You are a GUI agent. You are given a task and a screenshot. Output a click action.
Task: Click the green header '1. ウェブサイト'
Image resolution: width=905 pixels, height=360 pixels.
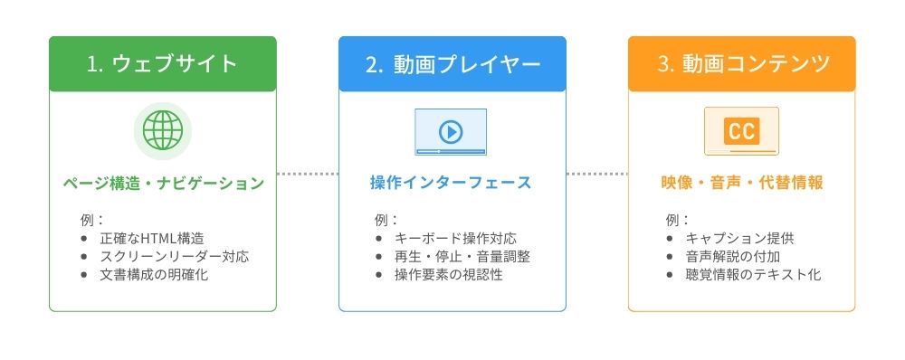pyautogui.click(x=163, y=63)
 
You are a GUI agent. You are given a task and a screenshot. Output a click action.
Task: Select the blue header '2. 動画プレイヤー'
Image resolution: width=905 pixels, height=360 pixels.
pyautogui.click(x=452, y=63)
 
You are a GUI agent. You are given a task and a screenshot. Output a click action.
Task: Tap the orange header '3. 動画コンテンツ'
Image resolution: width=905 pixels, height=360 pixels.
pyautogui.click(x=741, y=63)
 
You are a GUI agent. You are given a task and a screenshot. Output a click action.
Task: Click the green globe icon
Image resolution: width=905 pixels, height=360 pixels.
pyautogui.click(x=163, y=131)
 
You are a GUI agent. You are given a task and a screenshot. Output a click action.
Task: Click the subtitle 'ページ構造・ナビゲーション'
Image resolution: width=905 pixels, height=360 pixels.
pyautogui.click(x=163, y=184)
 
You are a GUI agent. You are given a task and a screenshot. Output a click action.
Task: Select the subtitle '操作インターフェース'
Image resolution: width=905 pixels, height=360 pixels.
pyautogui.click(x=451, y=184)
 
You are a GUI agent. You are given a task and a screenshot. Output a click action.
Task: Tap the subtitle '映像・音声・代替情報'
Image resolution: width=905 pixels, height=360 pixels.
pyautogui.click(x=741, y=184)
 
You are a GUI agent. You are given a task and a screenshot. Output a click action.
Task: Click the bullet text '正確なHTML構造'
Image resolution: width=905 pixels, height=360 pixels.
pyautogui.click(x=152, y=239)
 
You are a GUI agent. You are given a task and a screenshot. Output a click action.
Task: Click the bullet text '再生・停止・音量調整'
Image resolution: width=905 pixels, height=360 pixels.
pyautogui.click(x=462, y=257)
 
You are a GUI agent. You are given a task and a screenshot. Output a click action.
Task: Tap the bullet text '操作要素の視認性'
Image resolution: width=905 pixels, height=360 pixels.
pyautogui.click(x=449, y=275)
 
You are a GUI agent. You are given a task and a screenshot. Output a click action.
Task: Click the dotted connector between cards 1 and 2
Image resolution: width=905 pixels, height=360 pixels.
pyautogui.click(x=308, y=173)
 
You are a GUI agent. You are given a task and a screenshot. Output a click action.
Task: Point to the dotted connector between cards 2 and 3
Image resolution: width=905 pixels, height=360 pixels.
pyautogui.click(x=597, y=173)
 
